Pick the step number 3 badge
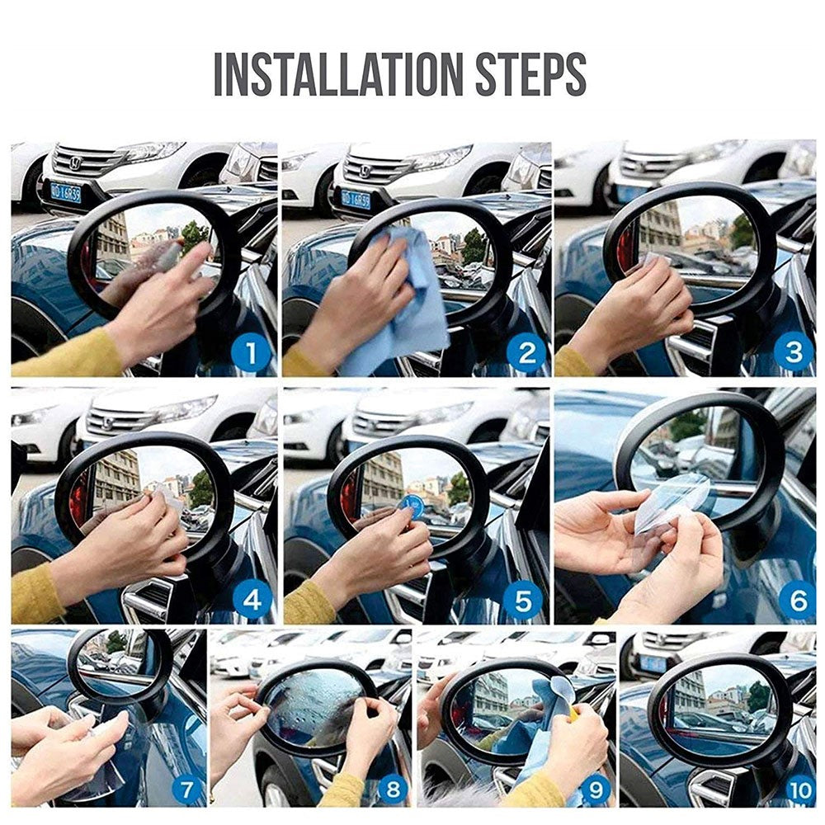(x=794, y=354)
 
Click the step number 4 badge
(x=252, y=601)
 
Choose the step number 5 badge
(x=524, y=601)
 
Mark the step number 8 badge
(x=393, y=790)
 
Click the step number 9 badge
(x=595, y=790)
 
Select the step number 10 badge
(x=799, y=790)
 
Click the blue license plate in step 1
(x=65, y=193)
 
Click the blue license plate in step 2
(x=356, y=199)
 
